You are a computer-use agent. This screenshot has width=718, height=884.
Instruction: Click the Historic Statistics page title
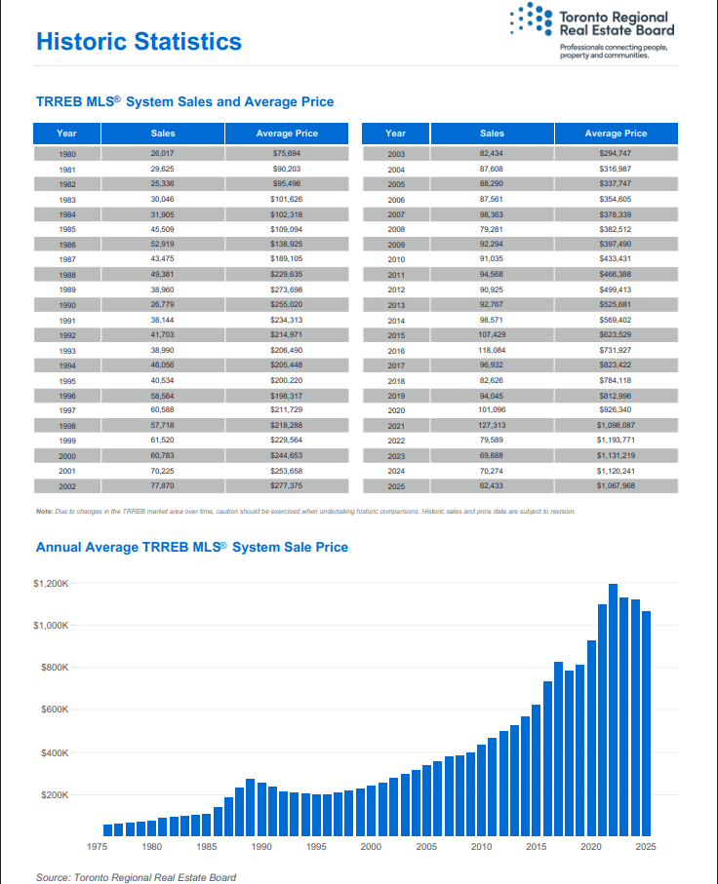pyautogui.click(x=139, y=42)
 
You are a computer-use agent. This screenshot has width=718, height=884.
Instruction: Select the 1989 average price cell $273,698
pyautogui.click(x=287, y=290)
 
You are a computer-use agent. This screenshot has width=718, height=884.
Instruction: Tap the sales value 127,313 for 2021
pyautogui.click(x=492, y=425)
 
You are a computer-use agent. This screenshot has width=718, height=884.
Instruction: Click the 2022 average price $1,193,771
pyautogui.click(x=616, y=440)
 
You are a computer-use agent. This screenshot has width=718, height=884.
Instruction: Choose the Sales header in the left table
pyautogui.click(x=163, y=134)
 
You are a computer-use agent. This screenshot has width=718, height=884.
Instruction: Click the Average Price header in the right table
pyautogui.click(x=616, y=134)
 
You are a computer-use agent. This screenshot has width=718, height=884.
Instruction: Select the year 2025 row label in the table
pyautogui.click(x=395, y=485)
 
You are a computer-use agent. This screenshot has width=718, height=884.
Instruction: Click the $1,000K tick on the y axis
pyautogui.click(x=52, y=625)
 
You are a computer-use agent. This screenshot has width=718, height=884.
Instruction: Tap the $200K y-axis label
pyautogui.click(x=54, y=795)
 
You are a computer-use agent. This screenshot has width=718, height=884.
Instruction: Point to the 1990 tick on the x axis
pyautogui.click(x=261, y=847)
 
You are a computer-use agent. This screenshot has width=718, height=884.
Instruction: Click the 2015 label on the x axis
pyautogui.click(x=536, y=847)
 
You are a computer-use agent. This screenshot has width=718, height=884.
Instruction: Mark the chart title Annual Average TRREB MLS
pyautogui.click(x=191, y=548)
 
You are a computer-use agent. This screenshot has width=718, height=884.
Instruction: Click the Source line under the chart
pyautogui.click(x=136, y=877)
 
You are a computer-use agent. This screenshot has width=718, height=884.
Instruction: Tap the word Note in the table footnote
pyautogui.click(x=44, y=512)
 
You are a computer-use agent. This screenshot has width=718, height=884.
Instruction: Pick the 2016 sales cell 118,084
pyautogui.click(x=492, y=350)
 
